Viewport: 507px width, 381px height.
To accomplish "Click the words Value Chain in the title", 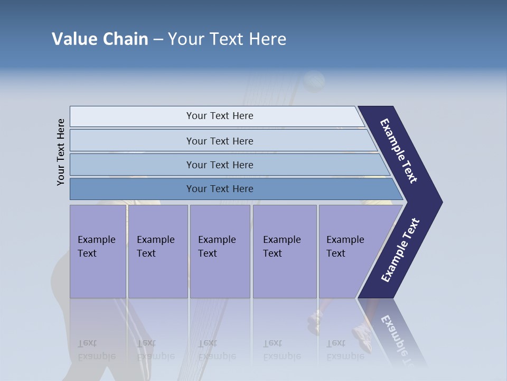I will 100,39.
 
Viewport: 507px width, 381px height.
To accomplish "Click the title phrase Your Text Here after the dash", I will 227,39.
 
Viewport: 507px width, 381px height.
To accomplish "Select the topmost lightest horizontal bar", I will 219,116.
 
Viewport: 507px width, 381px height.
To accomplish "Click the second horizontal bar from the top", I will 219,141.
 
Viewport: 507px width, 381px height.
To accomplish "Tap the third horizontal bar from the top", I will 219,165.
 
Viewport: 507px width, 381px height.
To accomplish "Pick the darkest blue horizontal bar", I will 219,189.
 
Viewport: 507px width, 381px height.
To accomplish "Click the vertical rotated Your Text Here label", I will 61,152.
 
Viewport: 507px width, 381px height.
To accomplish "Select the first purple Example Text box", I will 98,251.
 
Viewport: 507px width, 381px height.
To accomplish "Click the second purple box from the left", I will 157,251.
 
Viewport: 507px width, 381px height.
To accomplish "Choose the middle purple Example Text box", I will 220,251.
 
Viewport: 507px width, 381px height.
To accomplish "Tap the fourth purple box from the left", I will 284,251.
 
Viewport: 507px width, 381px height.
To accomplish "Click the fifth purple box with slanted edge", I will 349,251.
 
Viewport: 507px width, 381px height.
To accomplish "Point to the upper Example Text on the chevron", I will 399,151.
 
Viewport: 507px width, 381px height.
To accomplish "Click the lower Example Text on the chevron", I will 400,250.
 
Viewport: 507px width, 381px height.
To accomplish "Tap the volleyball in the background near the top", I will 314,81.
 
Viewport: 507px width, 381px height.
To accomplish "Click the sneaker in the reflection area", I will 362,336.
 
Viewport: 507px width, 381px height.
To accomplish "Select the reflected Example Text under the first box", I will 96,350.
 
